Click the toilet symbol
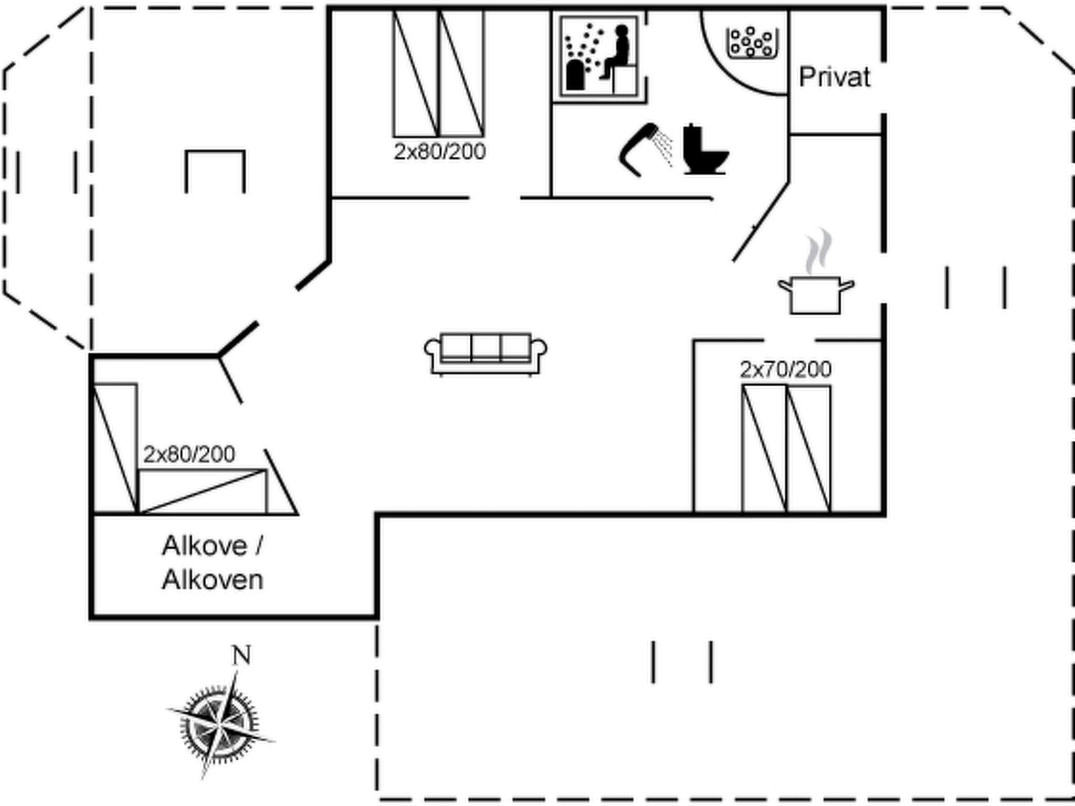click(705, 150)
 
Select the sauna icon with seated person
click(599, 57)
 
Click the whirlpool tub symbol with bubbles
click(752, 42)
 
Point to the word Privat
click(834, 78)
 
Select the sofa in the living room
click(486, 353)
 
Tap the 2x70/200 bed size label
click(785, 370)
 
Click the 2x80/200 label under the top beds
click(439, 152)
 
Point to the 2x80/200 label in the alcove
click(189, 454)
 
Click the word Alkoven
click(212, 580)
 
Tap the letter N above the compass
click(241, 655)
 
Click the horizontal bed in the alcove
click(202, 491)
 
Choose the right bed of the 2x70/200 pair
click(808, 449)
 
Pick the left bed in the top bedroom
click(415, 73)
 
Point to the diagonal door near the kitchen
click(761, 221)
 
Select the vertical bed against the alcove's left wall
click(115, 448)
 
